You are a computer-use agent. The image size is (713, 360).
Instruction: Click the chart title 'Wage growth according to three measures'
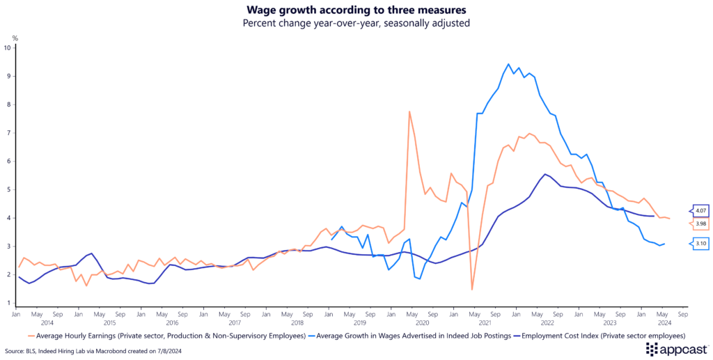point(356,10)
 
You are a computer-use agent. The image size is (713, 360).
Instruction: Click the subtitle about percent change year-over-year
point(356,23)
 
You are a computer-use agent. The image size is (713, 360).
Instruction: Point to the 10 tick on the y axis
point(7,48)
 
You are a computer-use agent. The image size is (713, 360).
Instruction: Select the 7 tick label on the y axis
point(8,133)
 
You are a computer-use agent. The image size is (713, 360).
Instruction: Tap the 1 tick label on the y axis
point(8,304)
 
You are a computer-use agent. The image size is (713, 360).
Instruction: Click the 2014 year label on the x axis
point(47,322)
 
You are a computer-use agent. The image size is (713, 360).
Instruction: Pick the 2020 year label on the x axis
point(421,322)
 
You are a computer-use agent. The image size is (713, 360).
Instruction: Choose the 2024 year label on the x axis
point(664,322)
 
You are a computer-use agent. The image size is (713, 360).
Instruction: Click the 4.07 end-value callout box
point(700,211)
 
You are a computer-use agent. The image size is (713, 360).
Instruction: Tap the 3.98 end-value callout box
point(700,224)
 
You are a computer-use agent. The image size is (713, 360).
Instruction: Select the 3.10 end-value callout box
point(700,244)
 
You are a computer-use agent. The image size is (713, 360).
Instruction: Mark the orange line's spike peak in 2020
point(409,111)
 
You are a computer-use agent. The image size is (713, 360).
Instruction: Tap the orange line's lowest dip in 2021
point(472,289)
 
